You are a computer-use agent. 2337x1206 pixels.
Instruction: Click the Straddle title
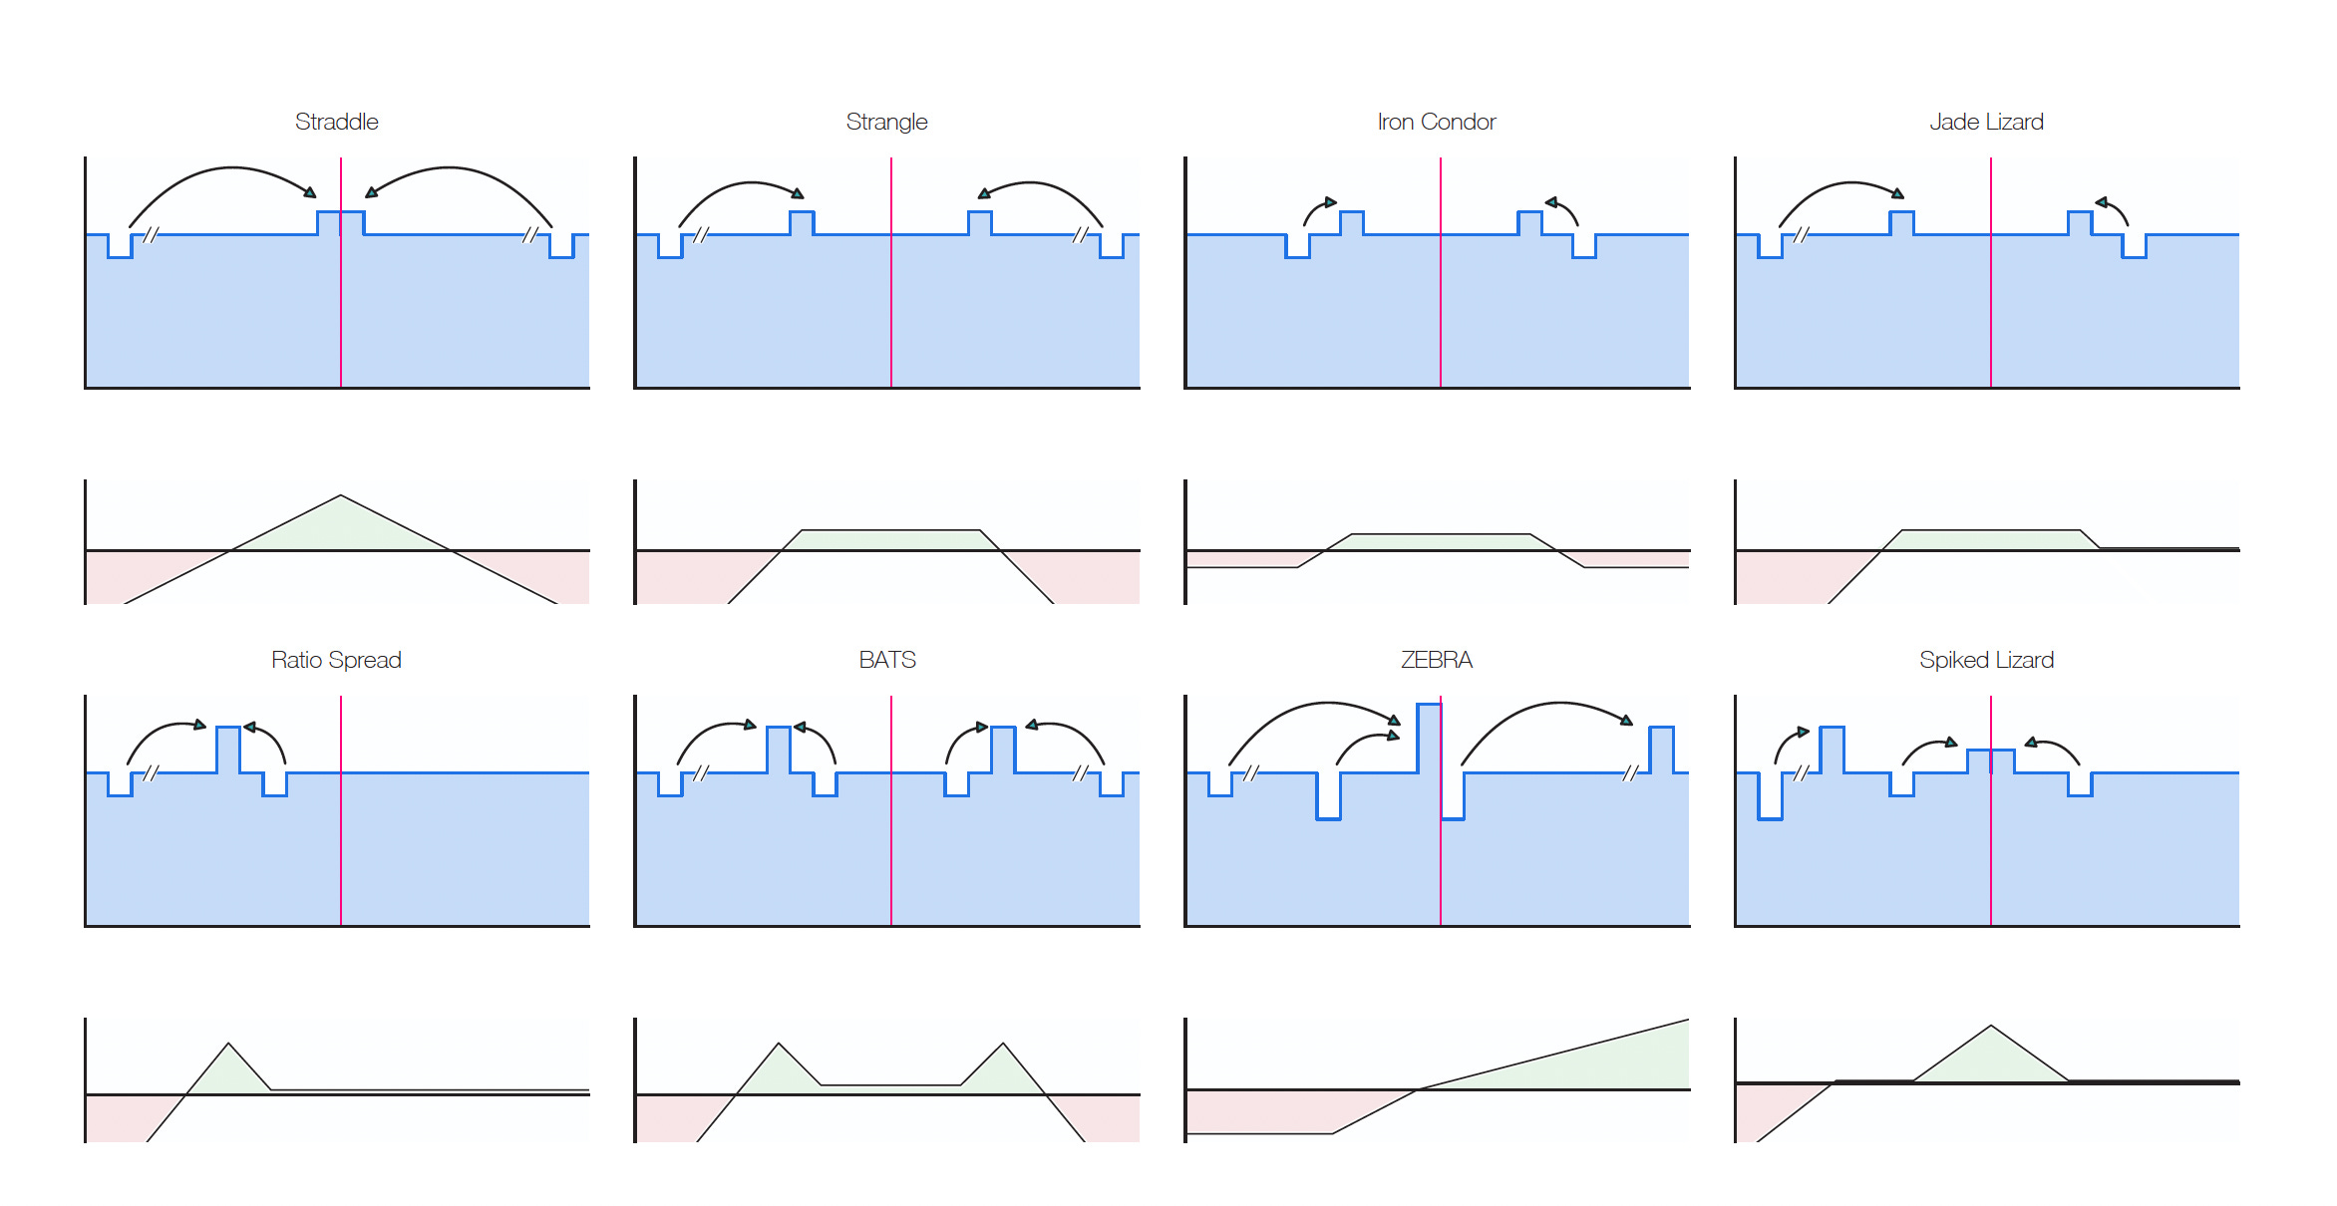click(336, 122)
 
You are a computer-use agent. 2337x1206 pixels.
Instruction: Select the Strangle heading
click(886, 122)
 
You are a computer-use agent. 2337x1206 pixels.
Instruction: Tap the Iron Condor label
click(1436, 122)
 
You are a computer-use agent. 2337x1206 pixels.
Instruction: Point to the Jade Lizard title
click(1986, 122)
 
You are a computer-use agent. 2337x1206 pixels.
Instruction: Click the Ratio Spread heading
click(336, 660)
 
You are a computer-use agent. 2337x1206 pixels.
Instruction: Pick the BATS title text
click(886, 660)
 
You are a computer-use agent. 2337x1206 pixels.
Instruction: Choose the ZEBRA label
click(1436, 660)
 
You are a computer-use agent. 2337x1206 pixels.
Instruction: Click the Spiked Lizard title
click(1986, 660)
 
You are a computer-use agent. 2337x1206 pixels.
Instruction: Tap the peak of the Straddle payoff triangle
click(340, 497)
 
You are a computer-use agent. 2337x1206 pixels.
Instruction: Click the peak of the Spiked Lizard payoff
click(1990, 1028)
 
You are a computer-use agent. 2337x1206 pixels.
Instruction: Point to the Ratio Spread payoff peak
click(228, 1046)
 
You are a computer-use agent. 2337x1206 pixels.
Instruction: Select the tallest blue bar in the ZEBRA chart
click(1429, 738)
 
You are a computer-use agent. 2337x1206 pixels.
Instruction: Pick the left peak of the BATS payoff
click(779, 1046)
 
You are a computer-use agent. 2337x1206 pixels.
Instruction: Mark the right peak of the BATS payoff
click(1003, 1046)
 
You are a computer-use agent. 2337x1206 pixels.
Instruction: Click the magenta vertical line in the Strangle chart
click(891, 299)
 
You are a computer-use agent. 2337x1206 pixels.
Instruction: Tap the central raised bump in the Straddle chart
click(340, 223)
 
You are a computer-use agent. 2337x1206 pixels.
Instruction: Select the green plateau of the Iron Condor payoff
click(1441, 542)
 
